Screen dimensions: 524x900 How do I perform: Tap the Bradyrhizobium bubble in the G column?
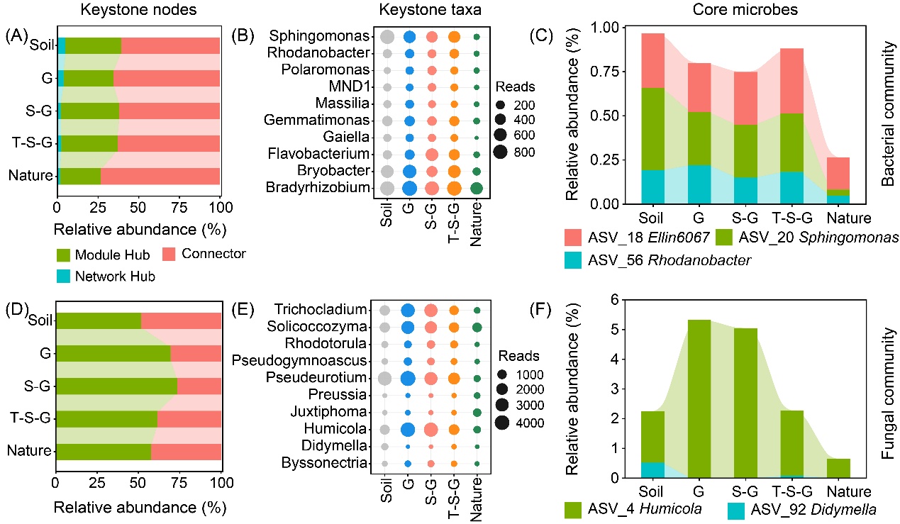[409, 188]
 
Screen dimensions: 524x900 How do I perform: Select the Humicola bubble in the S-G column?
[431, 430]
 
